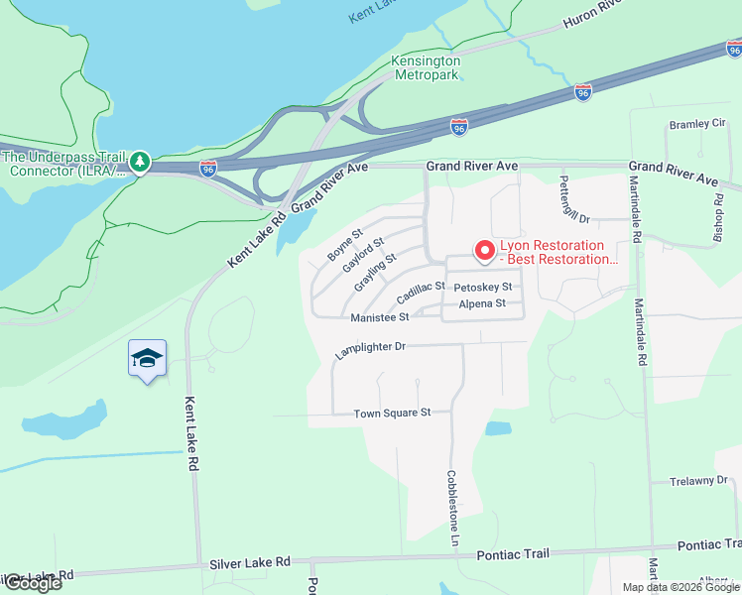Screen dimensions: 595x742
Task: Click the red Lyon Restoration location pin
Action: [x=484, y=252]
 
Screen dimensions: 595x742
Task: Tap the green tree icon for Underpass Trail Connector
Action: [x=140, y=162]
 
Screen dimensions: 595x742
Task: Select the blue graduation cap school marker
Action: [x=147, y=359]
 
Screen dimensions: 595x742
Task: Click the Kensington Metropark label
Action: [x=428, y=66]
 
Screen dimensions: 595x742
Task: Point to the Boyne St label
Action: [x=346, y=248]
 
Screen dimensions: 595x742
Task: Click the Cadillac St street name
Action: [x=421, y=293]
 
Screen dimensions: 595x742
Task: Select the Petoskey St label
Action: [x=481, y=288]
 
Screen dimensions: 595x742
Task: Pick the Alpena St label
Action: [x=482, y=303]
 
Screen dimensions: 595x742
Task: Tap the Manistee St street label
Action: [x=380, y=317]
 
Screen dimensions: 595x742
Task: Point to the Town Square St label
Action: [x=393, y=413]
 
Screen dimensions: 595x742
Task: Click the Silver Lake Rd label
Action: [x=250, y=562]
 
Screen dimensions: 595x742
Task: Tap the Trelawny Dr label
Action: [x=698, y=481]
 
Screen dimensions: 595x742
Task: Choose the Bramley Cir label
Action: [x=697, y=124]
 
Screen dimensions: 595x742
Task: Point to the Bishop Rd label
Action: [x=718, y=208]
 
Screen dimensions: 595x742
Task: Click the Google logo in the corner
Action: [x=32, y=583]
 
